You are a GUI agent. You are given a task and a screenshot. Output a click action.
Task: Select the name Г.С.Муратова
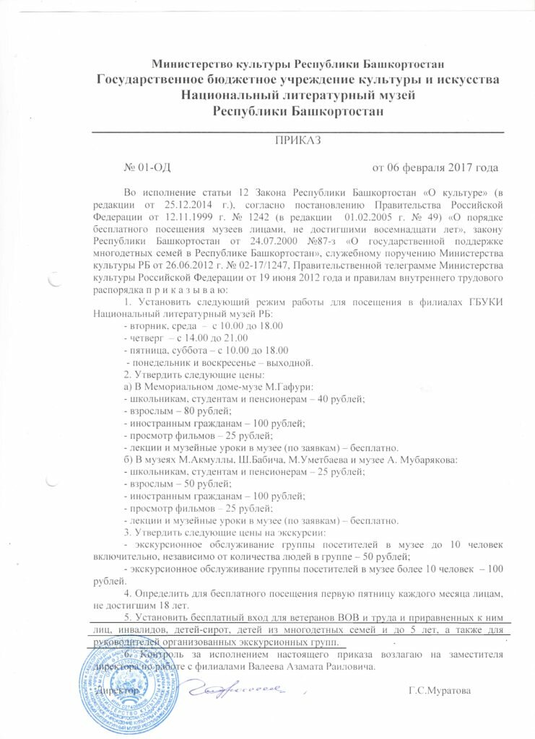click(439, 691)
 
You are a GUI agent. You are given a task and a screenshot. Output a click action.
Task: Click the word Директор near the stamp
click(108, 691)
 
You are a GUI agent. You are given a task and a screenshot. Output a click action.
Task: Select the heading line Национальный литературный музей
click(300, 96)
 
